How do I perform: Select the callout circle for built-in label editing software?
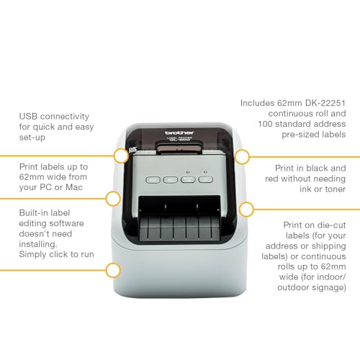point(112,271)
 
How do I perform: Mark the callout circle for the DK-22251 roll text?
point(243,156)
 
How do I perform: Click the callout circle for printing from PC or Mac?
point(112,199)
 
